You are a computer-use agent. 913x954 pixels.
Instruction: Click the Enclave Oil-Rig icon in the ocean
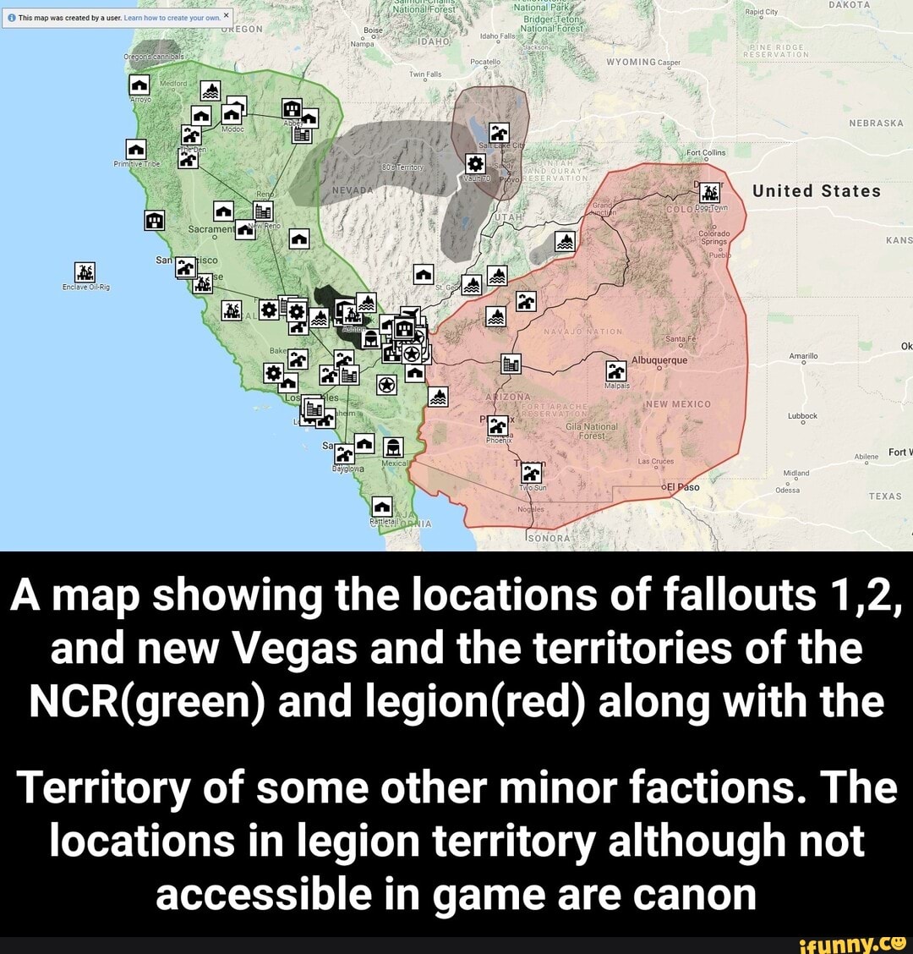coord(85,272)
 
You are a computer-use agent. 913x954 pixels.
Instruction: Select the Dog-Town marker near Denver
coord(711,193)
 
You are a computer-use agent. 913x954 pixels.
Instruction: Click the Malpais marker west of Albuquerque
coord(617,370)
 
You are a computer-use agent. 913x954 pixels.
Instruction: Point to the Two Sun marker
coord(533,474)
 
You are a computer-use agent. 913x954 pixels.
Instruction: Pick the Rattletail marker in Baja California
coord(382,507)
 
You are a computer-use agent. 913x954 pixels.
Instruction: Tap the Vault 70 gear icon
coord(476,164)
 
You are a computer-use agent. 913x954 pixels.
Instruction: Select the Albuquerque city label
coord(659,359)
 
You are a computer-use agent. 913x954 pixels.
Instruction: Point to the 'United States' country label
coord(817,191)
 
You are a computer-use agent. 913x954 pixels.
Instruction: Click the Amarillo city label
coord(802,357)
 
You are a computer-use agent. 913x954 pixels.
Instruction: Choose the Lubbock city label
coord(801,416)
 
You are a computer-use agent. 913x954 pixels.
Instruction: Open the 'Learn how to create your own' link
coord(172,17)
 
